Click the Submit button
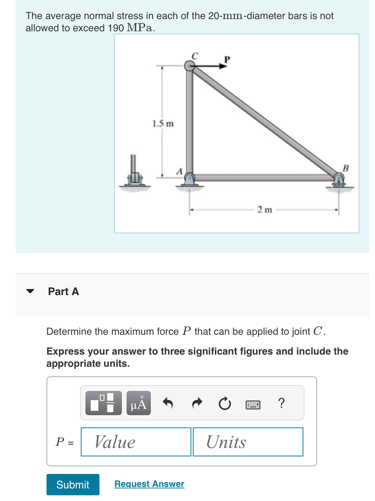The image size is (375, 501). point(73,484)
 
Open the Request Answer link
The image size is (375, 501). point(149,484)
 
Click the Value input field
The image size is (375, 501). point(136,442)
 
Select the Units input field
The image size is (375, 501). point(248,442)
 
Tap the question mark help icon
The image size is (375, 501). point(281,403)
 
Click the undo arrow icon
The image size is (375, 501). point(168,403)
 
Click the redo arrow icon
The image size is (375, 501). point(197,403)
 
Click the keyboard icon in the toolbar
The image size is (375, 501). point(253,405)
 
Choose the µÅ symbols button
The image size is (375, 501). point(139,403)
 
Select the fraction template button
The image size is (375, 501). point(104,403)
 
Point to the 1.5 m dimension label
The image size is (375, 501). point(163,124)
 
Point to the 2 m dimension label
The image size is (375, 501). point(264,210)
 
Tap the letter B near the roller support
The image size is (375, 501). point(346,168)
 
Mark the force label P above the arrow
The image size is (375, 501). point(227,59)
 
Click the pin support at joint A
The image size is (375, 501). point(189,179)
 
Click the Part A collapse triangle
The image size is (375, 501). point(30,291)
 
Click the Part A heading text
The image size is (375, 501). point(63,291)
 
